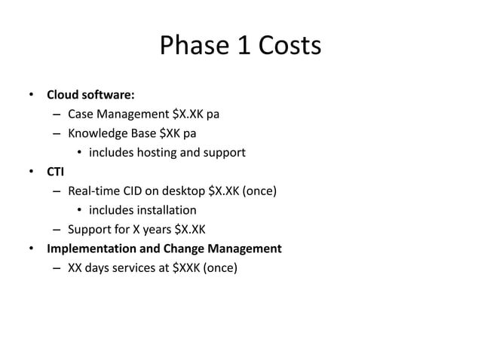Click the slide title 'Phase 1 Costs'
240,47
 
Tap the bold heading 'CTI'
55,172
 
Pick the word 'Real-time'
92,191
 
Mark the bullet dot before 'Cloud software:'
32,96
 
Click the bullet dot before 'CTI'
32,172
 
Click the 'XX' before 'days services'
75,267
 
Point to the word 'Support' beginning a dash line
88,230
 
